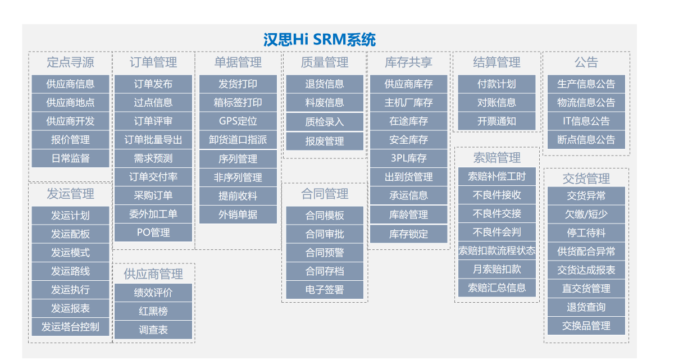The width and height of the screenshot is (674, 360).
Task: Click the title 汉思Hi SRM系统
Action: (x=320, y=40)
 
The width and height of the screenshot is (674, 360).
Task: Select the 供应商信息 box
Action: (x=70, y=84)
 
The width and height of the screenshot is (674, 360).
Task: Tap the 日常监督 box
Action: (x=70, y=158)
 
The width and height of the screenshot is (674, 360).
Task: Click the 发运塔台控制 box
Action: (x=70, y=326)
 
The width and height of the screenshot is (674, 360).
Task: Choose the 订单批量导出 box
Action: (x=153, y=140)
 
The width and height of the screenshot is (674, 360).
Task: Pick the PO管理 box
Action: (x=153, y=232)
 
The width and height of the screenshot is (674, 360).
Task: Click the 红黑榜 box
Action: (x=153, y=311)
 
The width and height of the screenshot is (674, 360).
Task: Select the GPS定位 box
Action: (x=238, y=121)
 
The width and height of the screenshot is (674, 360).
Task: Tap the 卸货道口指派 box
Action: (x=238, y=140)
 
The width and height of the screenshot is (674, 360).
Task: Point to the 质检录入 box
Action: (x=325, y=122)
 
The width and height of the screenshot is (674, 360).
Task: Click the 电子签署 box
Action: (x=325, y=290)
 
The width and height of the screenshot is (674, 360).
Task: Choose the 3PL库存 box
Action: (x=409, y=158)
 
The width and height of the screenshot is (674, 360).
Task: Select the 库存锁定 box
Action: (x=409, y=234)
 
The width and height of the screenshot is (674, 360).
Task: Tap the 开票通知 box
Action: (x=497, y=121)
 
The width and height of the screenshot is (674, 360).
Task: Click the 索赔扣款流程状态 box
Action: (x=497, y=250)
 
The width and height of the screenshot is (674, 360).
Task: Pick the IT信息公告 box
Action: (x=586, y=121)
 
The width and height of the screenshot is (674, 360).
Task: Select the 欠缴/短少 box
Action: (x=586, y=214)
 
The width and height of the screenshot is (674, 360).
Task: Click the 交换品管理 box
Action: (x=586, y=326)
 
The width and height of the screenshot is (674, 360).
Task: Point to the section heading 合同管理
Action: (x=325, y=194)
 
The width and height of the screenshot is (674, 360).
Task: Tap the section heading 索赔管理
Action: (x=497, y=158)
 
